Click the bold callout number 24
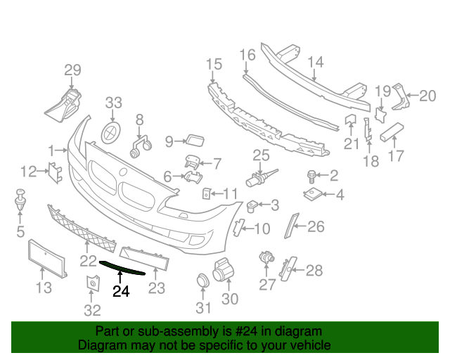[122, 291]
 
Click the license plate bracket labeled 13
[47, 258]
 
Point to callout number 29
[73, 70]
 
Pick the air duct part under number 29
[65, 104]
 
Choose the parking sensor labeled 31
[202, 282]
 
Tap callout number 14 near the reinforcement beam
[316, 62]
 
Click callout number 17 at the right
[397, 156]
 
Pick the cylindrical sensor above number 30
[223, 271]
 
